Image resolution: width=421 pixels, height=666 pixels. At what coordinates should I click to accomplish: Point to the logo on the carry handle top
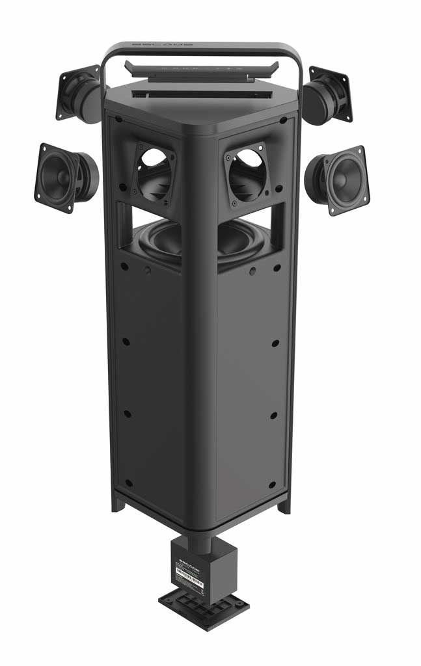pos(163,46)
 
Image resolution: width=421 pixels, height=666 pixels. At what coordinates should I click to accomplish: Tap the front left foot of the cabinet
pos(118,501)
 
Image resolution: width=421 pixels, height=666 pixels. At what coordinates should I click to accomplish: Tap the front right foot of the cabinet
pos(284,504)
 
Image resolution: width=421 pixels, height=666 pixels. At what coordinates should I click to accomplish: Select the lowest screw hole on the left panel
pos(128,483)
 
